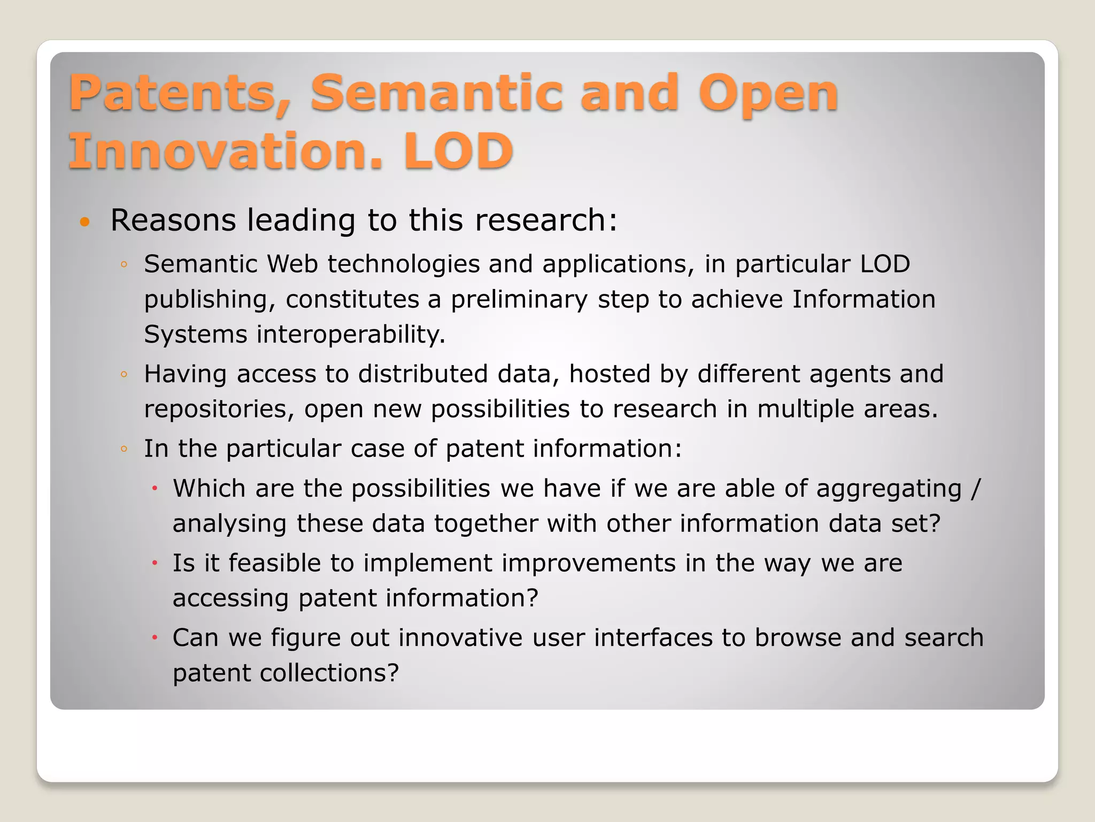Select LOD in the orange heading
(x=458, y=151)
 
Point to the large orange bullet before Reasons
(x=84, y=222)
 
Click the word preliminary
(x=519, y=300)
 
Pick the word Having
(x=185, y=374)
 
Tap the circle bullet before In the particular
(x=124, y=449)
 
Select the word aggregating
(x=889, y=489)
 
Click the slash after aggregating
(x=976, y=488)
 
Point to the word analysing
(x=229, y=524)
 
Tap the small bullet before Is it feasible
(x=154, y=564)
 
